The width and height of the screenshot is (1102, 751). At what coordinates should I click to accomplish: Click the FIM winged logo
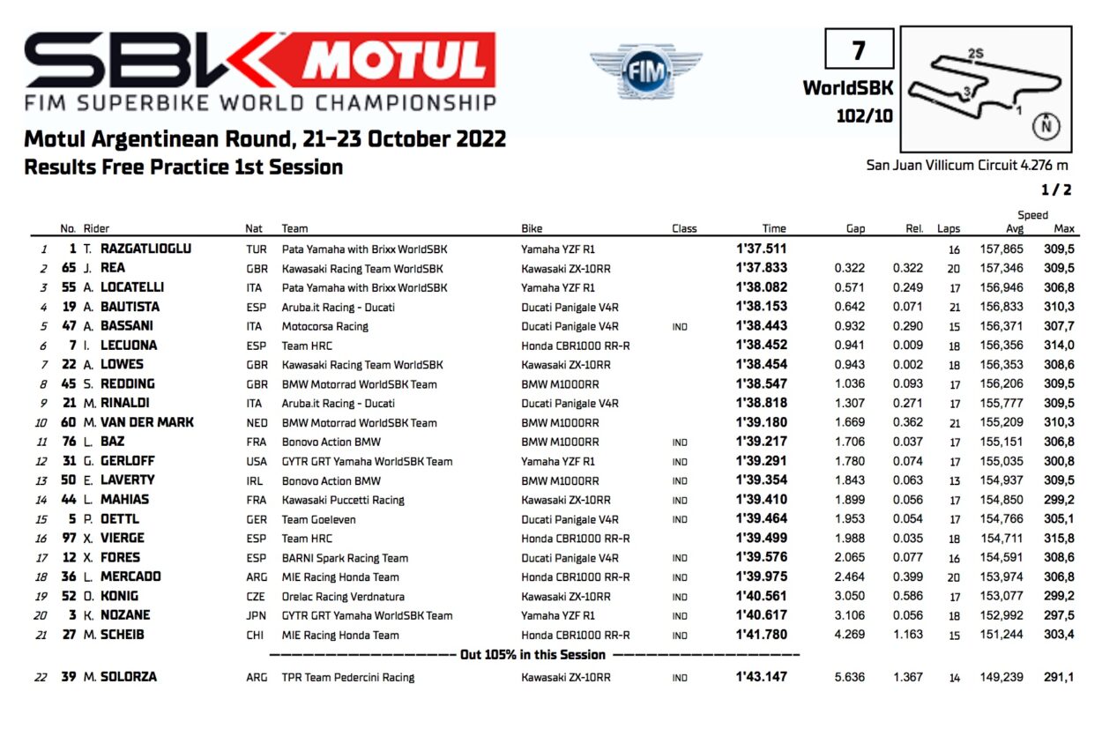click(646, 70)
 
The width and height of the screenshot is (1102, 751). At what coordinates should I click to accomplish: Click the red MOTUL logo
click(397, 59)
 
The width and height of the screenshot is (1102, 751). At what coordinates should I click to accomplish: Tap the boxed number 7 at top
click(859, 49)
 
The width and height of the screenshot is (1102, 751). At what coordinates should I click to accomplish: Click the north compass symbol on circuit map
click(1046, 125)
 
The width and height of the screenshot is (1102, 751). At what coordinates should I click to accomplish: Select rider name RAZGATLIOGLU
click(145, 249)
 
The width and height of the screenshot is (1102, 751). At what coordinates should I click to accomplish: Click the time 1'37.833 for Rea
click(761, 268)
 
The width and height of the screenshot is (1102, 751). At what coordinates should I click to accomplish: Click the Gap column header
click(855, 228)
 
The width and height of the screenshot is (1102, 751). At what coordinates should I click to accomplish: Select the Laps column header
click(949, 228)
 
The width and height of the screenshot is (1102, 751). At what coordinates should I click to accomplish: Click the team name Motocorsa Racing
click(325, 326)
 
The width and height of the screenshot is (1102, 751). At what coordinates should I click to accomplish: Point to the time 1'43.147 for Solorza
click(761, 677)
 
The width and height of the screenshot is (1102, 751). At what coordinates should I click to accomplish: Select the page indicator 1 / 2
click(1055, 190)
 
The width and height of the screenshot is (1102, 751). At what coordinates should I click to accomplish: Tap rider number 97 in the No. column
click(69, 538)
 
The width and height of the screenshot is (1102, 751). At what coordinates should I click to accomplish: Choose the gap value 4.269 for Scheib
click(849, 635)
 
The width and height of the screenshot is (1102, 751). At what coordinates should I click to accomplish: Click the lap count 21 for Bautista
click(953, 307)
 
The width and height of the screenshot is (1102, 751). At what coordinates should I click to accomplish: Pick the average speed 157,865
click(1001, 249)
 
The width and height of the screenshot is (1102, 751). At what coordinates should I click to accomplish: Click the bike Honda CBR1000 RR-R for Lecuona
click(576, 346)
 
